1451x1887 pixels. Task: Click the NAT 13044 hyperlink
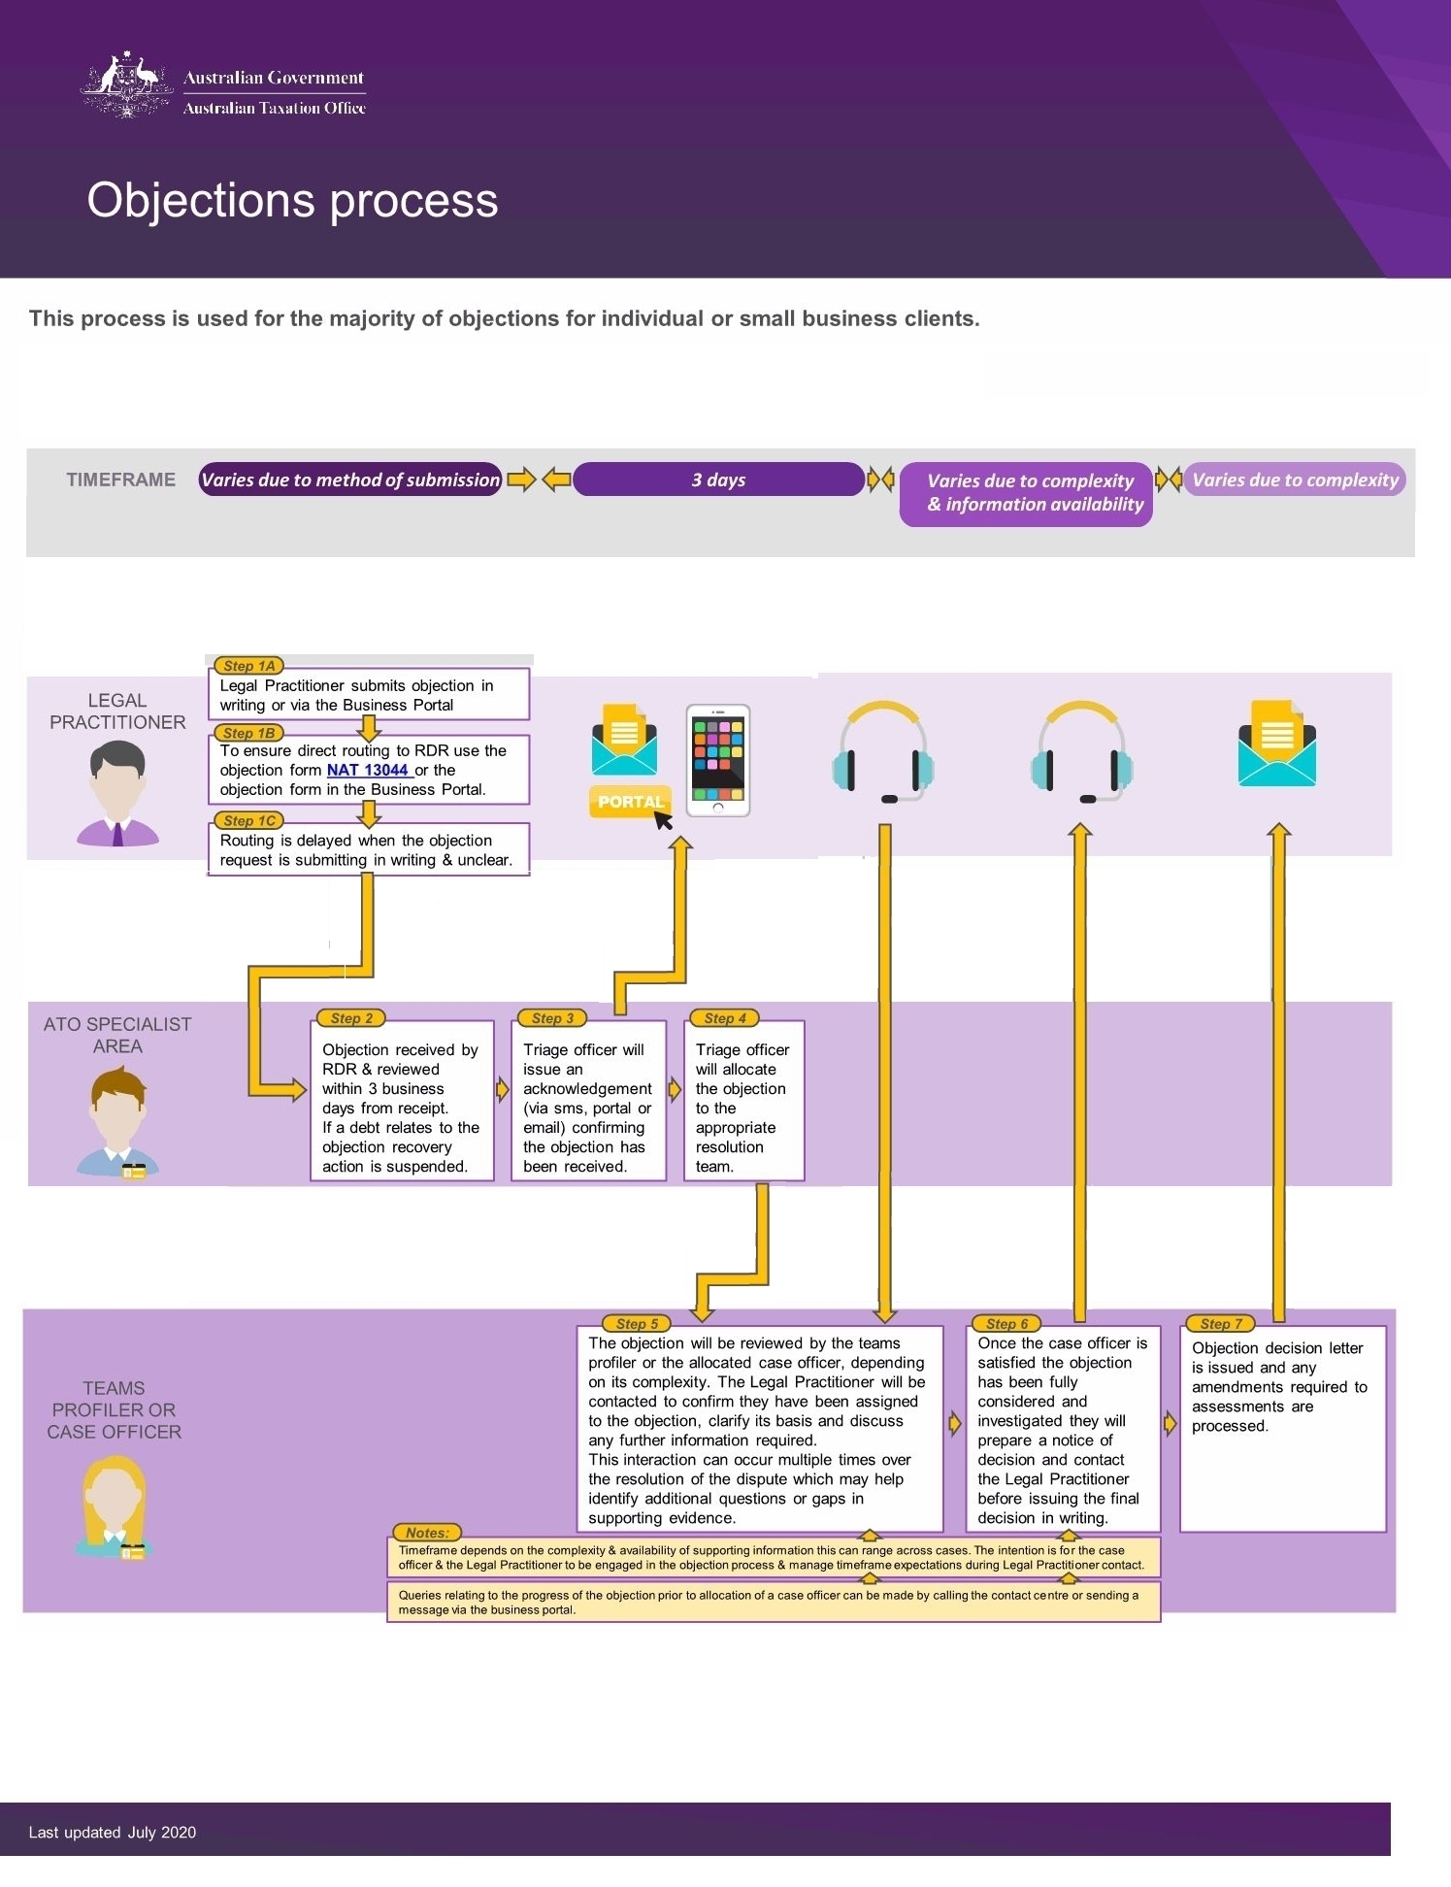[368, 770]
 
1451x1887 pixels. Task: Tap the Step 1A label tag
[248, 666]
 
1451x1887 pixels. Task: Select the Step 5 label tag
[637, 1323]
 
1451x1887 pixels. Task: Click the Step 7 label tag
[1220, 1323]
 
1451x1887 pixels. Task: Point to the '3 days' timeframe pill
[718, 480]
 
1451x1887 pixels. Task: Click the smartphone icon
[718, 760]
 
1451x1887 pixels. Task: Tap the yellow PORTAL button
[630, 802]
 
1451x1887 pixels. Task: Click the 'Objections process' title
[292, 200]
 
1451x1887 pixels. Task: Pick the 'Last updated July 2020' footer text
[113, 1832]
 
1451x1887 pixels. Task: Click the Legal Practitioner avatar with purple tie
[117, 793]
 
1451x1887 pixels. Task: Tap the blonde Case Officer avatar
[114, 1506]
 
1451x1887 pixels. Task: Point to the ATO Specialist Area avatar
[117, 1121]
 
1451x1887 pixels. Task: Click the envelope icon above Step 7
[1276, 744]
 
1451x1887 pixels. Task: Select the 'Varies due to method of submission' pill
[350, 480]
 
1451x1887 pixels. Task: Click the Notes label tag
[427, 1533]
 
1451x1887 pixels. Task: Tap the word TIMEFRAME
[121, 480]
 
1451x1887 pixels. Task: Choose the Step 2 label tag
[351, 1018]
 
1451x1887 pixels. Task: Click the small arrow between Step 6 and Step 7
[1171, 1423]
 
